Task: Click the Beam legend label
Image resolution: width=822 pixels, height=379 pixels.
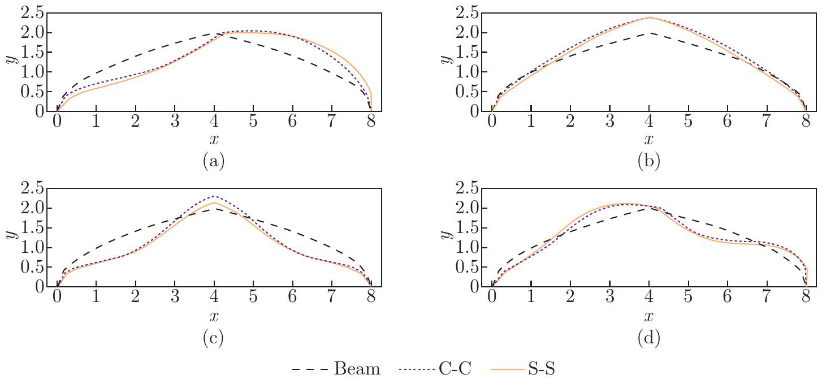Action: coord(357,369)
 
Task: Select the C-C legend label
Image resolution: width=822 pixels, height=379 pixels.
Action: coord(453,369)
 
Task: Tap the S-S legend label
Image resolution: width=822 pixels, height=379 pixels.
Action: coord(539,369)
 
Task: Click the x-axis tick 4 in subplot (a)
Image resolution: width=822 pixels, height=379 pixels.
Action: coord(214,122)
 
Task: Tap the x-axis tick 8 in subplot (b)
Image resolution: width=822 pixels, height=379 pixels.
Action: coord(806,122)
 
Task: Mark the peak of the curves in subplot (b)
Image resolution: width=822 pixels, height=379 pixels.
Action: coord(649,18)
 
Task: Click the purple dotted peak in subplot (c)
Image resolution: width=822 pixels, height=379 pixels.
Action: coord(214,196)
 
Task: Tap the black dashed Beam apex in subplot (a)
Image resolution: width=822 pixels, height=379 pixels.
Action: coord(214,33)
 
